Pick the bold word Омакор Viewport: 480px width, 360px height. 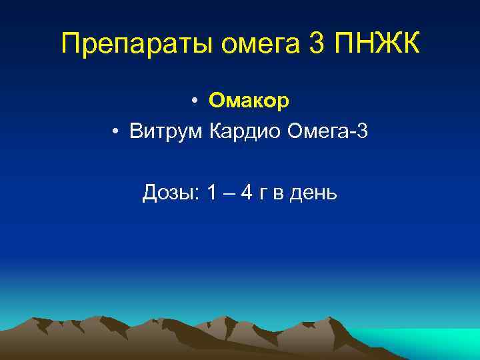point(249,101)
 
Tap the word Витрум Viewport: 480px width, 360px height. point(167,131)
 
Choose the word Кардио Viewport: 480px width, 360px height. point(245,131)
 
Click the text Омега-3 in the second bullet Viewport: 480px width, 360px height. point(327,131)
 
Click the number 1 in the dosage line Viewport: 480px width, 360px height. point(211,193)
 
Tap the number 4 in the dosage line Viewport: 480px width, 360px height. point(247,193)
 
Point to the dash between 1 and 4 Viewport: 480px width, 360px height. point(229,194)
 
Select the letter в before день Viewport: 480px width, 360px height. point(279,195)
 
